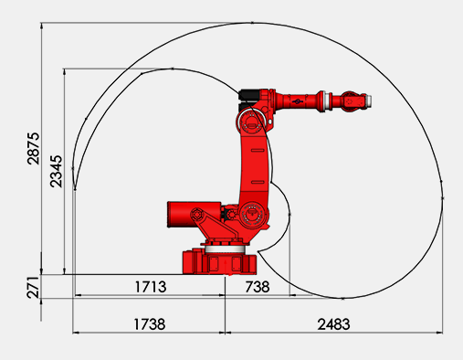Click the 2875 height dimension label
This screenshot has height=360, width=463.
(34, 148)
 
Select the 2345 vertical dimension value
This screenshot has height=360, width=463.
(57, 171)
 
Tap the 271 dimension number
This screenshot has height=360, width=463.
(33, 288)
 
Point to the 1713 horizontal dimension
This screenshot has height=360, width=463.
(151, 287)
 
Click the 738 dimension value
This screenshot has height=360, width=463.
(258, 287)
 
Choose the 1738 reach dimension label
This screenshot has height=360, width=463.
(150, 324)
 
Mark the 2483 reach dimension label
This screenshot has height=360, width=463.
(333, 324)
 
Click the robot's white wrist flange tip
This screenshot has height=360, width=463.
(369, 101)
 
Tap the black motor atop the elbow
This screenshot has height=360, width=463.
(249, 95)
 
